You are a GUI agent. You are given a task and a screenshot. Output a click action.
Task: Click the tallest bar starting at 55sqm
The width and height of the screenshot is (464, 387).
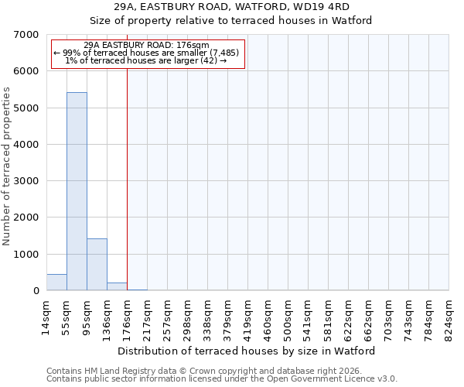pyautogui.click(x=77, y=191)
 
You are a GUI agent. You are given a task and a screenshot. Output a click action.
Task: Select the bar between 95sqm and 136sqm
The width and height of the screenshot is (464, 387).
pyautogui.click(x=97, y=265)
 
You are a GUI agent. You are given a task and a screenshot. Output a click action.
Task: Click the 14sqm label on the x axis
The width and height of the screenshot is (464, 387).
pyautogui.click(x=47, y=316)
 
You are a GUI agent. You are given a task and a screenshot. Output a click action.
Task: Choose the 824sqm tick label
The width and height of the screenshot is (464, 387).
pyautogui.click(x=449, y=316)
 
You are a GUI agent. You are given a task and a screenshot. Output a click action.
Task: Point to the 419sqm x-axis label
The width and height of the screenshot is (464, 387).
pyautogui.click(x=247, y=316)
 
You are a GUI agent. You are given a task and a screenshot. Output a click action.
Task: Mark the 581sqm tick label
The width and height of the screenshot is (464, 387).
pyautogui.click(x=328, y=316)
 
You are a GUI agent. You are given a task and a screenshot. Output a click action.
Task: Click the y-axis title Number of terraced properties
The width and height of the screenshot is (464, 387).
pyautogui.click(x=7, y=166)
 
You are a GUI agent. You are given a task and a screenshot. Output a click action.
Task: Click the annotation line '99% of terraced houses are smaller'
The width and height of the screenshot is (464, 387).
pyautogui.click(x=146, y=53)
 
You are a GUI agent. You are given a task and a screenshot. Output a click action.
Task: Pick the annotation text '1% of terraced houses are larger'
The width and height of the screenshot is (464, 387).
pyautogui.click(x=146, y=60)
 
